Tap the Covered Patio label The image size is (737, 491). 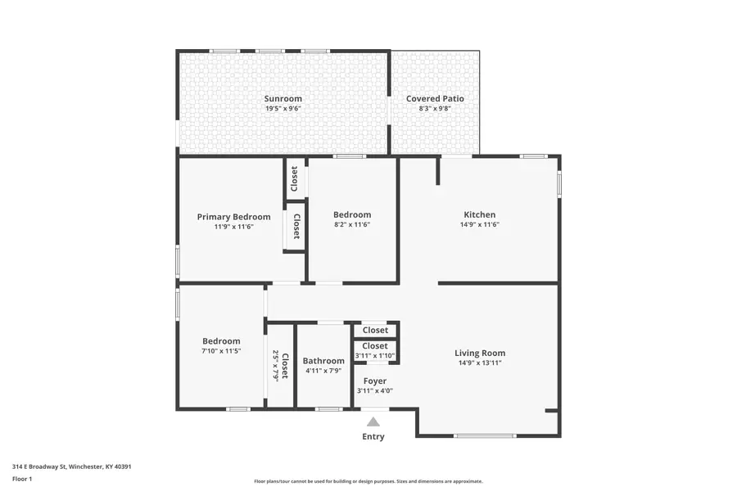(x=435, y=98)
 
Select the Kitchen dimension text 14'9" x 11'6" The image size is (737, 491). (x=479, y=225)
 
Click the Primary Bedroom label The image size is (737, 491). (x=233, y=217)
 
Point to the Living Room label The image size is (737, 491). (x=480, y=354)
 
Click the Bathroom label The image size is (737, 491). (x=323, y=361)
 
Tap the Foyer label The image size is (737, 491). (x=375, y=381)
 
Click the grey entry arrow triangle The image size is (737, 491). (x=373, y=422)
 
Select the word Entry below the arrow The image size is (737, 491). (x=373, y=437)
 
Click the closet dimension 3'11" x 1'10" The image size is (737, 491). (x=375, y=355)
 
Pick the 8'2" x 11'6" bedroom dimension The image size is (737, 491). (x=352, y=225)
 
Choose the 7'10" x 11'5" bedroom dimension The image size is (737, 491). (x=221, y=351)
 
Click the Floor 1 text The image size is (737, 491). (x=23, y=479)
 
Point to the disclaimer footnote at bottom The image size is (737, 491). (x=368, y=482)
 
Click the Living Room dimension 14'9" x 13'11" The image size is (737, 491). (x=480, y=363)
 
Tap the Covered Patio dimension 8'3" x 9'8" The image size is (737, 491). (x=435, y=108)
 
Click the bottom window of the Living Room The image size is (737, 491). (x=485, y=435)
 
